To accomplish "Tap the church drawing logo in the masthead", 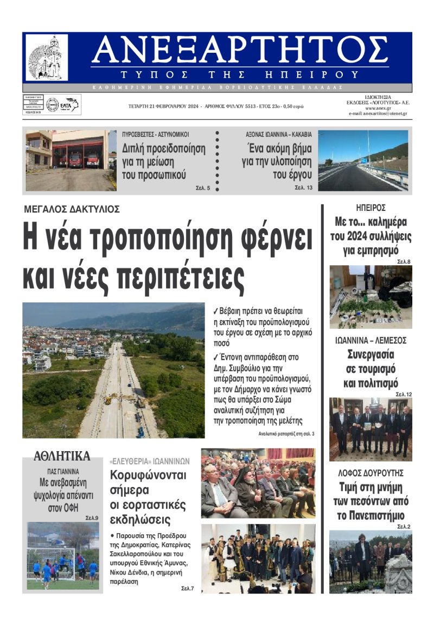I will [47, 58].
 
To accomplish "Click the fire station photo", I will [71, 160].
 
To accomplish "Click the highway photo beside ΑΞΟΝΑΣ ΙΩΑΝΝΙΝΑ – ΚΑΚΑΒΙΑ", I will [362, 160].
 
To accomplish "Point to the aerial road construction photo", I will [113, 370].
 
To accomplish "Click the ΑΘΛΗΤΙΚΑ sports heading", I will [62, 455].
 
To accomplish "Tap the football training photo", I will [62, 555].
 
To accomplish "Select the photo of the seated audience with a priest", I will [258, 483].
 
